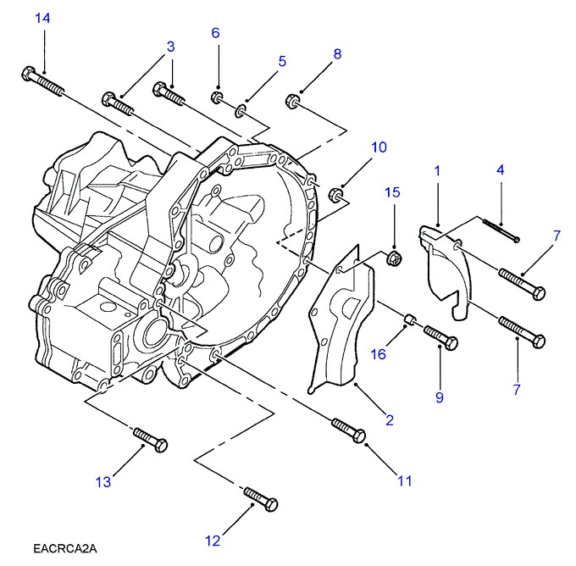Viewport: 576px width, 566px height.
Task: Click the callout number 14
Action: pos(42,18)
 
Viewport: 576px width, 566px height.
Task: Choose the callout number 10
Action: pos(378,147)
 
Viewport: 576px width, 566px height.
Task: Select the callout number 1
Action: pos(437,171)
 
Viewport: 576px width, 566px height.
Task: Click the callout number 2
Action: pos(390,419)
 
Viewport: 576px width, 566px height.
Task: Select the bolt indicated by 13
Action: pos(152,441)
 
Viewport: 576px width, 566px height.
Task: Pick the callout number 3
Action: pos(170,47)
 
